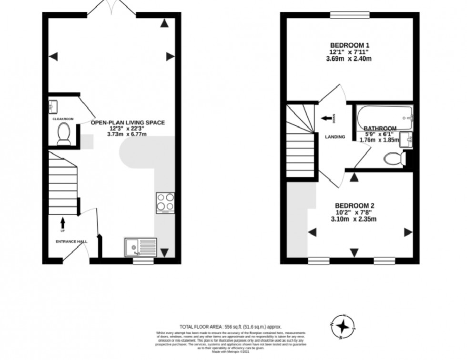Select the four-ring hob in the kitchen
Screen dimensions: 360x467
[x=165, y=202]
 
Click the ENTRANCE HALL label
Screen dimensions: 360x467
[x=71, y=242]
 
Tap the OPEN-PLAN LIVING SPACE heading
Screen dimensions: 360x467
[x=128, y=122]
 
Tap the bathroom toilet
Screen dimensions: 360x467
[x=395, y=158]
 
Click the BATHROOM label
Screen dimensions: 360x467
[x=380, y=128]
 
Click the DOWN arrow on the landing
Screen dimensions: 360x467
[x=327, y=119]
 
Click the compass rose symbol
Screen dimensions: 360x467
[x=342, y=326]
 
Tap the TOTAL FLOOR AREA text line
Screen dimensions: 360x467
[x=230, y=327]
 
